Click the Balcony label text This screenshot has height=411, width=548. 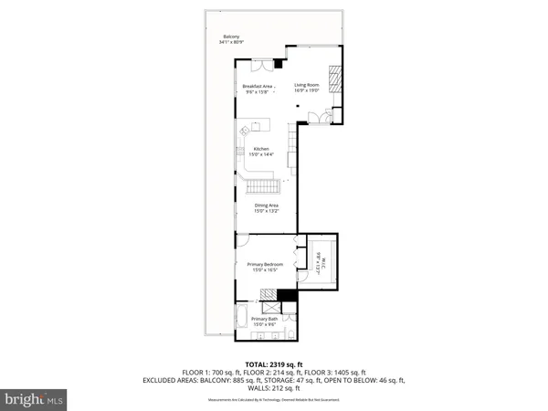tap(228, 39)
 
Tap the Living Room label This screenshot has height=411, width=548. tap(305, 89)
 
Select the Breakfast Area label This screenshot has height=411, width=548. tap(258, 89)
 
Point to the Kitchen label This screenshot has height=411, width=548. tap(261, 152)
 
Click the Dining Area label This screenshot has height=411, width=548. tap(267, 207)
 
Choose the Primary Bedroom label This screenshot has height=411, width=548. tap(265, 267)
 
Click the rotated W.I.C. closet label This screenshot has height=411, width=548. tap(319, 263)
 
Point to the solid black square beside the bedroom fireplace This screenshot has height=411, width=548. tap(287, 295)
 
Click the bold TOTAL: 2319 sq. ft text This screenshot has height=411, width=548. tap(274, 364)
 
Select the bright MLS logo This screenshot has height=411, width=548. tap(35, 399)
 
